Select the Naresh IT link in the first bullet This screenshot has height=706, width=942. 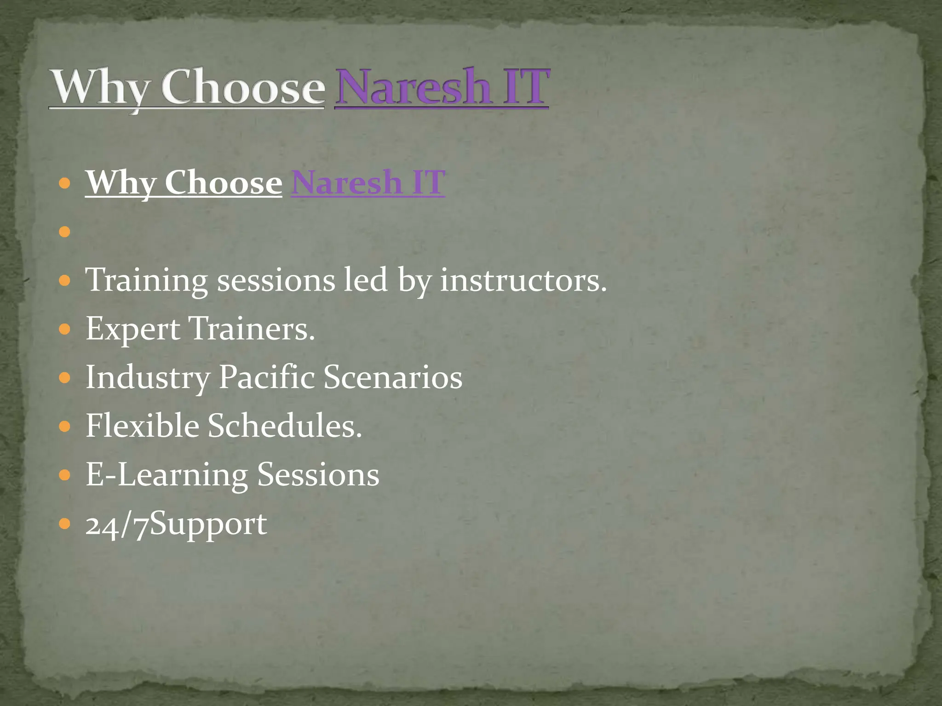click(x=368, y=182)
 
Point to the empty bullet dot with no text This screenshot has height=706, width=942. click(x=65, y=231)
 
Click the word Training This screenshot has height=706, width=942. click(x=147, y=280)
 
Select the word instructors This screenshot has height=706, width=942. click(x=523, y=280)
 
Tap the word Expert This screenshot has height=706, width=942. click(x=133, y=329)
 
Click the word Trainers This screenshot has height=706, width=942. click(x=252, y=329)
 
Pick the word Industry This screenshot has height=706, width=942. click(x=148, y=377)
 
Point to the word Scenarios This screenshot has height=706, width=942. click(x=393, y=377)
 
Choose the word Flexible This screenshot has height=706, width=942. click(x=143, y=426)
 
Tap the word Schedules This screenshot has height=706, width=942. click(x=285, y=426)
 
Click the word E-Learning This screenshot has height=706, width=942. click(x=167, y=474)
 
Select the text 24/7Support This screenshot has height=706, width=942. click(x=176, y=524)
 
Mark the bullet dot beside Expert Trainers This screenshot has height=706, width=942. click(x=65, y=329)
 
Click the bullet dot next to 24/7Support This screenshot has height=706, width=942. click(x=65, y=524)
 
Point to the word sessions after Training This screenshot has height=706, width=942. click(x=276, y=280)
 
